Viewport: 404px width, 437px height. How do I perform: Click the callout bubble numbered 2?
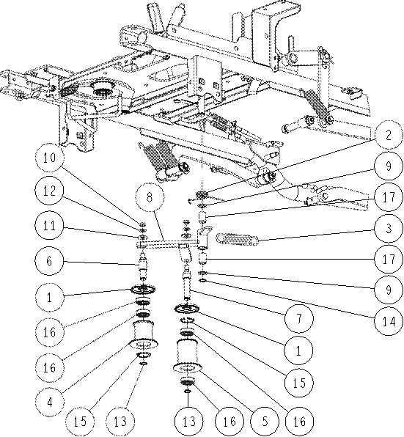[x=389, y=135]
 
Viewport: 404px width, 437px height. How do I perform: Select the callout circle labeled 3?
[x=389, y=229]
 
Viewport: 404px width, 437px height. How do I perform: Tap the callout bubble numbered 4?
[x=50, y=402]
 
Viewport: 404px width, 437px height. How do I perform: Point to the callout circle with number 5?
[x=265, y=421]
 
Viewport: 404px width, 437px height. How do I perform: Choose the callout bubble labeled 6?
[x=50, y=262]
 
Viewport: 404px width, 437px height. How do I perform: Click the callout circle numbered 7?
[x=298, y=318]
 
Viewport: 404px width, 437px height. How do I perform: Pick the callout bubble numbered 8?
[x=150, y=197]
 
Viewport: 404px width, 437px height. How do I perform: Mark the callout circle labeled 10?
[x=50, y=158]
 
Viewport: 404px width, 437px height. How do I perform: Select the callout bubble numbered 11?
[x=50, y=226]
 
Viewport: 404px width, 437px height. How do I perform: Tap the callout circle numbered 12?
[x=50, y=191]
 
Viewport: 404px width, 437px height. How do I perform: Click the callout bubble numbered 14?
[x=389, y=322]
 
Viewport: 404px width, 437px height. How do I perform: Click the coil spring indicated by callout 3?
[x=238, y=239]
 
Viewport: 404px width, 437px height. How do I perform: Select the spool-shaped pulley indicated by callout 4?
[x=143, y=335]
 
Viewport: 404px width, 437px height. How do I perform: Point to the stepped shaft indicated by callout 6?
[x=143, y=268]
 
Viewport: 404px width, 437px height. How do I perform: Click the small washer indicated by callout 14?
[x=202, y=280]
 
